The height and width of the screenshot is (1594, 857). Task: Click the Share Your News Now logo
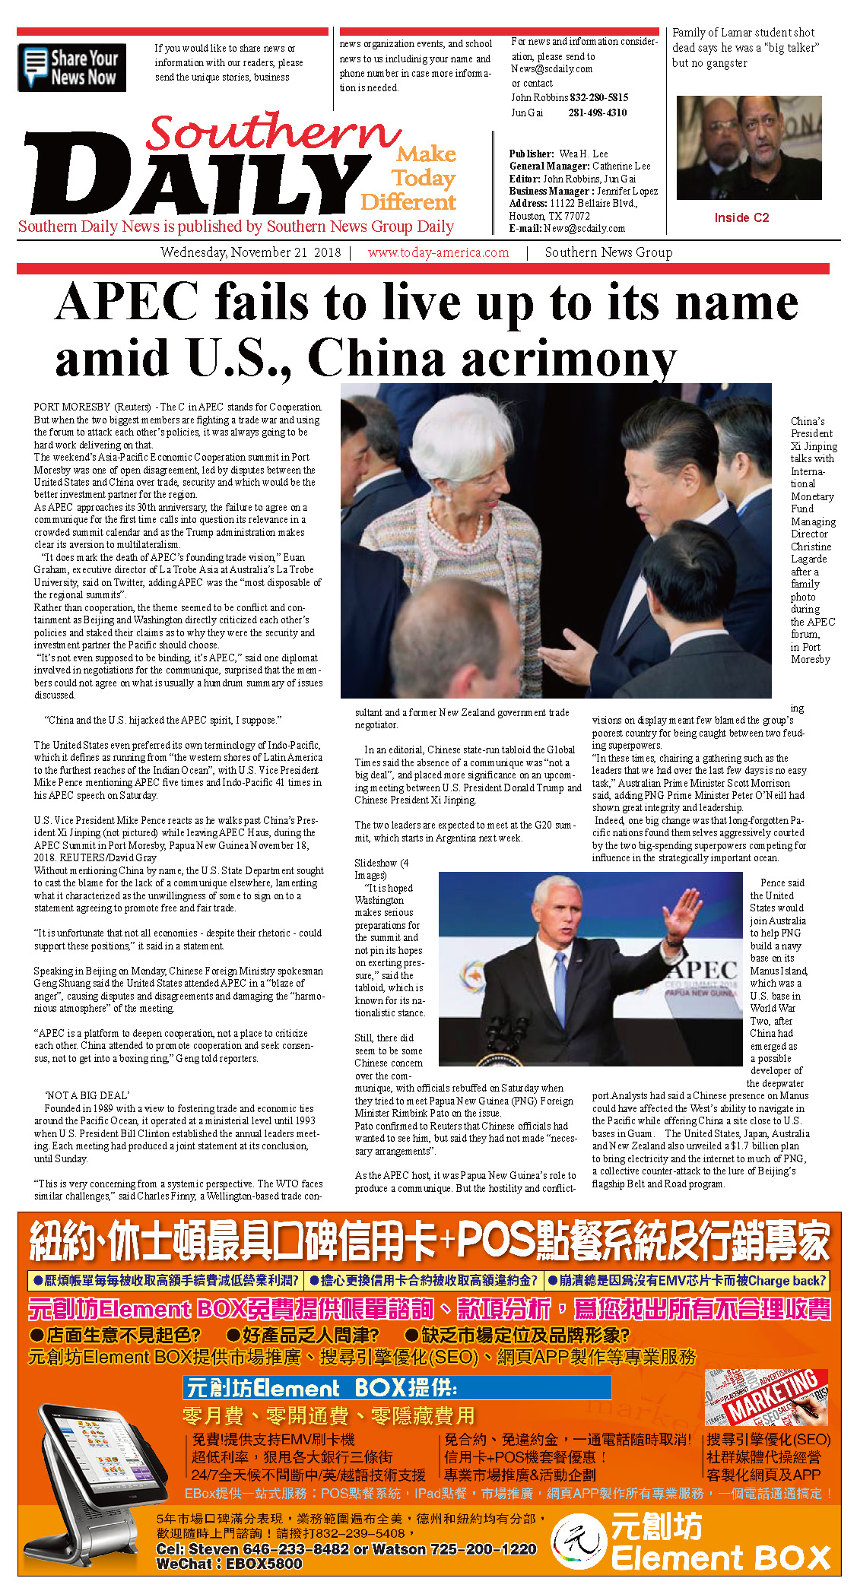pyautogui.click(x=71, y=68)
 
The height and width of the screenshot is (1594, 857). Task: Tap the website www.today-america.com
pyautogui.click(x=438, y=252)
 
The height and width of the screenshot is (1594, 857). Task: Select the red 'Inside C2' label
pyautogui.click(x=741, y=217)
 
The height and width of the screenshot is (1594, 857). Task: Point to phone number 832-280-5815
pyautogui.click(x=598, y=97)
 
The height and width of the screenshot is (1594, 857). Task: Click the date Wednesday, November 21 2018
pyautogui.click(x=250, y=252)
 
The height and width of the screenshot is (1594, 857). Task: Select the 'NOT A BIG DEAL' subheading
pyautogui.click(x=87, y=1095)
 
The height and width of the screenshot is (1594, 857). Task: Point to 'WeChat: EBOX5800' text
pyautogui.click(x=229, y=1564)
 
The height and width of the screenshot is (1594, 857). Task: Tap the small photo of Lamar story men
pyautogui.click(x=749, y=147)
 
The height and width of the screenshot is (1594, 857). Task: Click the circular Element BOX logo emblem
pyautogui.click(x=579, y=1541)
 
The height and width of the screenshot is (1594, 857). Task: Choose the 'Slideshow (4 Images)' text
pyautogui.click(x=381, y=869)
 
